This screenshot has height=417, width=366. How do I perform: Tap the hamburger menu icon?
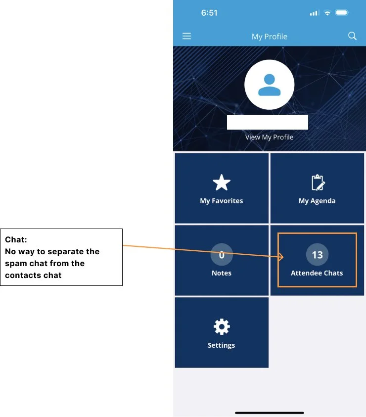coord(186,36)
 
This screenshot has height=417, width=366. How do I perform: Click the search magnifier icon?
coord(352,36)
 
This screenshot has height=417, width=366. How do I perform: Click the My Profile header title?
coord(269,37)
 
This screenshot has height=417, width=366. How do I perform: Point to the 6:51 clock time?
coord(209,13)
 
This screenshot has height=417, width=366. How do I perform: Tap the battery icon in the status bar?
coord(342,13)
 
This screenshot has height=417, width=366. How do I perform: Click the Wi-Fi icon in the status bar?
coord(327,13)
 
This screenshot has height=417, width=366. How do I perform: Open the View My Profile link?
coord(269,137)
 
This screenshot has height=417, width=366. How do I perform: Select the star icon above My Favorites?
coord(221,183)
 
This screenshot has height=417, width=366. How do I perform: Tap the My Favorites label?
coord(221,201)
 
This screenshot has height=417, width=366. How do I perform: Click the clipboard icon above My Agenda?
coord(318,183)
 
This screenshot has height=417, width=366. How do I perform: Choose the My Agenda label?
coord(317,201)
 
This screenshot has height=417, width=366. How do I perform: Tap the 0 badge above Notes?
coord(222,255)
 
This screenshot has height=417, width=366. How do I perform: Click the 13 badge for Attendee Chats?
coord(317,255)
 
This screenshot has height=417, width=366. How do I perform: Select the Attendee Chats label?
coord(317,273)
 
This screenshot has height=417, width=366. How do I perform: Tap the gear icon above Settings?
coord(221,327)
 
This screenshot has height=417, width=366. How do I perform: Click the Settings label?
coord(221,345)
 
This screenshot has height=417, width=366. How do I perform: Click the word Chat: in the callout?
coord(16,240)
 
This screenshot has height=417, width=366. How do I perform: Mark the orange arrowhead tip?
coord(284,257)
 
